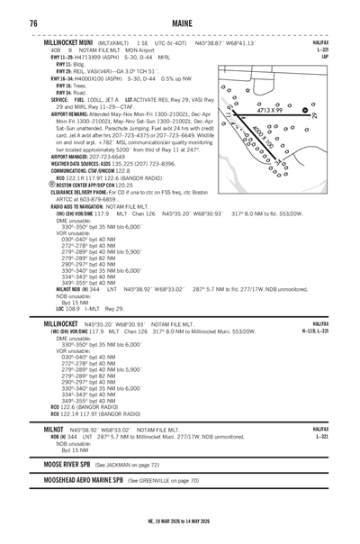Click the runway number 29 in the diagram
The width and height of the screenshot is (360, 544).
tap(314, 115)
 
